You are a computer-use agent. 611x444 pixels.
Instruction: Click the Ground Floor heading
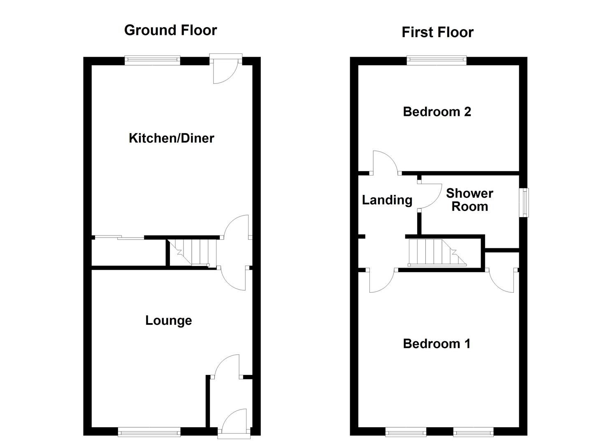pyautogui.click(x=170, y=30)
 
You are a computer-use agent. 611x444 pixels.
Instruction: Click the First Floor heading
pyautogui.click(x=437, y=32)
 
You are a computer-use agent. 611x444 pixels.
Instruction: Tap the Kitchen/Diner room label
pyautogui.click(x=171, y=138)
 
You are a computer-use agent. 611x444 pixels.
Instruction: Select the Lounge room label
pyautogui.click(x=168, y=320)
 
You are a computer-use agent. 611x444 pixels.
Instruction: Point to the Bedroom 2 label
pyautogui.click(x=437, y=111)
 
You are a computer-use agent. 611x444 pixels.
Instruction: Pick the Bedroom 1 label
pyautogui.click(x=437, y=343)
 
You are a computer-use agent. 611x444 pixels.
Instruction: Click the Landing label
pyautogui.click(x=387, y=200)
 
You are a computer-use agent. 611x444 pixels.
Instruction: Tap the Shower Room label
pyautogui.click(x=469, y=200)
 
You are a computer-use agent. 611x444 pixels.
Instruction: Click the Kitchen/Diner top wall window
pyautogui.click(x=153, y=60)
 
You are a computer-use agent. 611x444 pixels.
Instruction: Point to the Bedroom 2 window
pyautogui.click(x=437, y=60)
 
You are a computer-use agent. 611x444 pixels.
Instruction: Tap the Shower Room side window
pyautogui.click(x=524, y=202)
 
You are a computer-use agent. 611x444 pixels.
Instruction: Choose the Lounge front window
pyautogui.click(x=149, y=432)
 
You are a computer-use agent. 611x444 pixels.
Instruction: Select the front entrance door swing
pyautogui.click(x=235, y=420)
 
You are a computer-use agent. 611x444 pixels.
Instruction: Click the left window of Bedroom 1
pyautogui.click(x=406, y=432)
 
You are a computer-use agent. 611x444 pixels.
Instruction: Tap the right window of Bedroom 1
pyautogui.click(x=473, y=432)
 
